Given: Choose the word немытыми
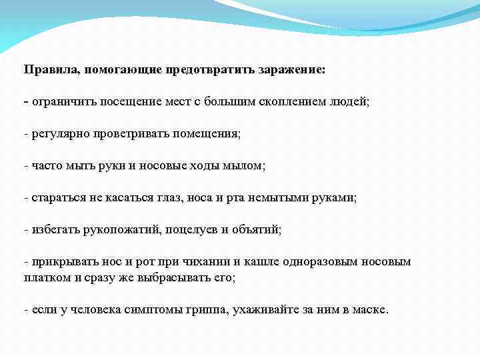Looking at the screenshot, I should pos(293,198).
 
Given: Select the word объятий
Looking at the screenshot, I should pos(256,230).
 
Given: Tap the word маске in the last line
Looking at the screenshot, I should pos(371,311).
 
